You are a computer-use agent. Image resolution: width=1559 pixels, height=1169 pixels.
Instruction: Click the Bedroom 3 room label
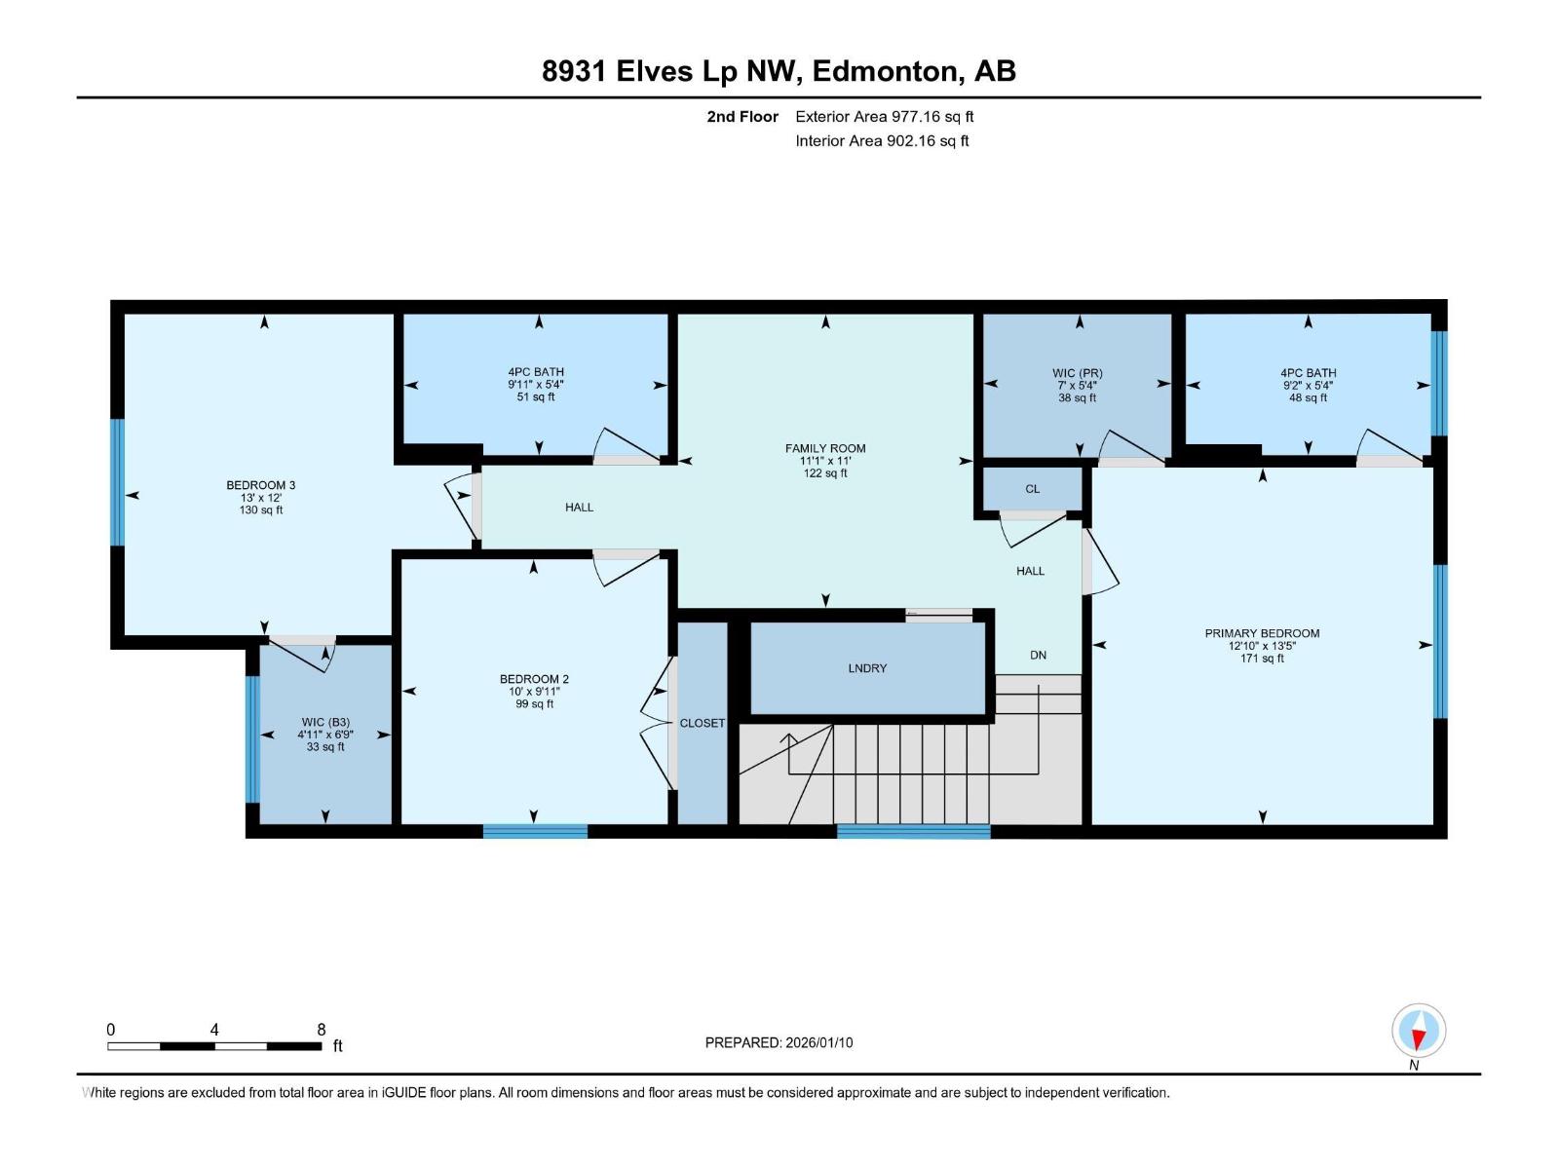point(261,485)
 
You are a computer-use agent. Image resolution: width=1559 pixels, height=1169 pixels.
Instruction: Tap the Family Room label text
point(825,448)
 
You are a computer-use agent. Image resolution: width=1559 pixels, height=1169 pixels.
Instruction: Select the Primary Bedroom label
point(1262,633)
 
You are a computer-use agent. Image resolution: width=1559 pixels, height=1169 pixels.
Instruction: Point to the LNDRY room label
point(867,668)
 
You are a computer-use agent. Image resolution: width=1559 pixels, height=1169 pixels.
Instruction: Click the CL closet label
point(1033,489)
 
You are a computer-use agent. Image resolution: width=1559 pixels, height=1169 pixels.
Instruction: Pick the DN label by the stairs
point(1039,655)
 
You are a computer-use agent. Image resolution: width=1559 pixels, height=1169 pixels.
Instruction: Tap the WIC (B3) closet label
point(325,723)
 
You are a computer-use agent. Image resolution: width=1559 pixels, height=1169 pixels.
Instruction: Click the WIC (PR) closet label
point(1078,373)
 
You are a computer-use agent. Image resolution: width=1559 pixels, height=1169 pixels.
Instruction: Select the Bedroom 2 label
point(534,679)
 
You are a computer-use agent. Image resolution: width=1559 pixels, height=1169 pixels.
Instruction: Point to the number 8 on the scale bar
point(321,1029)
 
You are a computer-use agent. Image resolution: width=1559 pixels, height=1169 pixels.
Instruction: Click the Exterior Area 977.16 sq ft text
point(885,116)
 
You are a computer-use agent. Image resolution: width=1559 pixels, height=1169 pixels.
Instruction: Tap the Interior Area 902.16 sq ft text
point(882,140)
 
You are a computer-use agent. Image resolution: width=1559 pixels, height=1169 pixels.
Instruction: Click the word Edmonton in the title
point(889,71)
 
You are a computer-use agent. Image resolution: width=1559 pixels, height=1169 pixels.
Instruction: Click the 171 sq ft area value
point(1262,659)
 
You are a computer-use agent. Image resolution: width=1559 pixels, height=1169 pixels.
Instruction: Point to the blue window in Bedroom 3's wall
point(117,482)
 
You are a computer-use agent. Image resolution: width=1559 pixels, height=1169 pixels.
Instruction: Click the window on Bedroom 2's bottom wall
point(536,831)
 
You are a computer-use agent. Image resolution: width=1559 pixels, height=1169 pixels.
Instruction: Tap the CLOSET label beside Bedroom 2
point(703,723)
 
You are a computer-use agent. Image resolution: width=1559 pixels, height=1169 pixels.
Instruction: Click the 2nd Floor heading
point(742,116)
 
